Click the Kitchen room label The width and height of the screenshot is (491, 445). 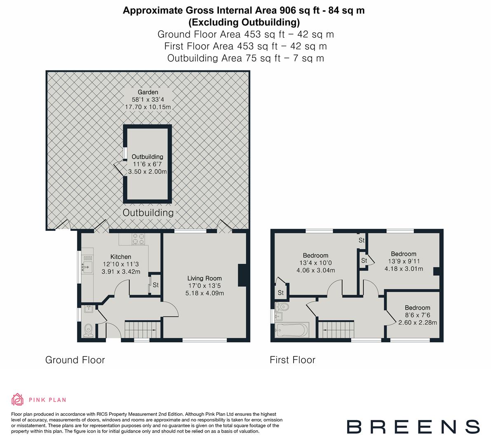coord(121,257)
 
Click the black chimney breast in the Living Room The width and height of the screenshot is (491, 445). coord(242,275)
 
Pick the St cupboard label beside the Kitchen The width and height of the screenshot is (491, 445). coord(155,285)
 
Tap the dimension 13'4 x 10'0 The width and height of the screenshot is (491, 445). coord(315,263)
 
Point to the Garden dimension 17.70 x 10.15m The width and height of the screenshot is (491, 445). coord(148,107)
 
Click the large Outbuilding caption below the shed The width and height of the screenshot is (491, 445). coord(148,213)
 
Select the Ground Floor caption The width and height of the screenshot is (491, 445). coord(75,360)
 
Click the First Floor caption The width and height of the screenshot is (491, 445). coord(292,360)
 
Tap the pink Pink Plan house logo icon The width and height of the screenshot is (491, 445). coord(17,399)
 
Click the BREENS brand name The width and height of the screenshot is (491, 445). coord(413,427)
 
